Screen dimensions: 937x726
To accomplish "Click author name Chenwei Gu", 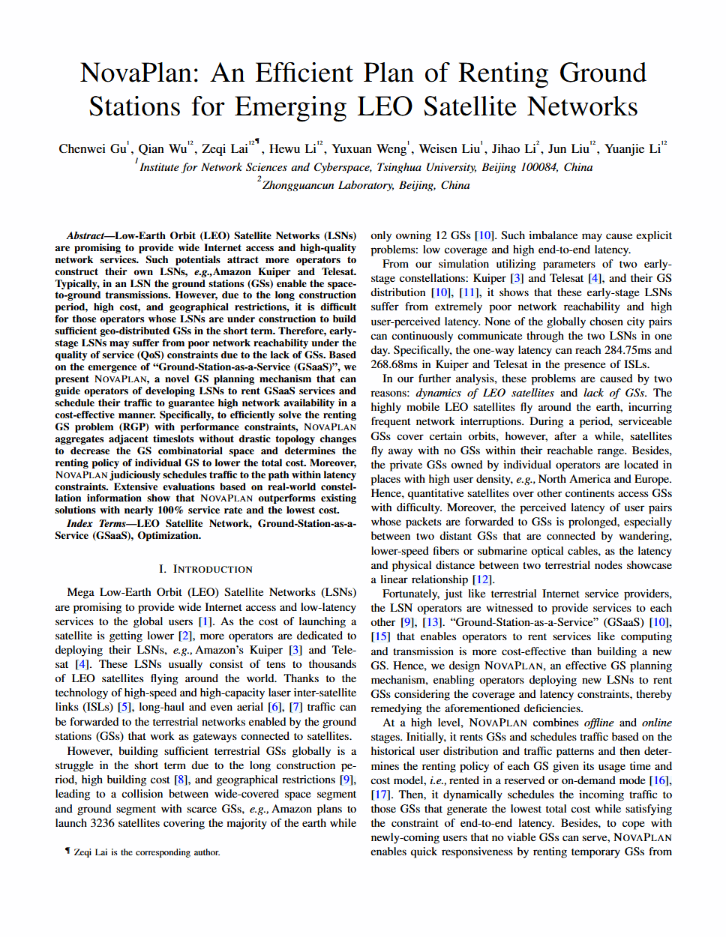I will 92,148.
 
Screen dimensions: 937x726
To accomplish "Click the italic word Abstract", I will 85,235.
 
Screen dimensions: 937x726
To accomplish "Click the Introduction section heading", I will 205,569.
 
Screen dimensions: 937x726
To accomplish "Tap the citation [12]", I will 481,579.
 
